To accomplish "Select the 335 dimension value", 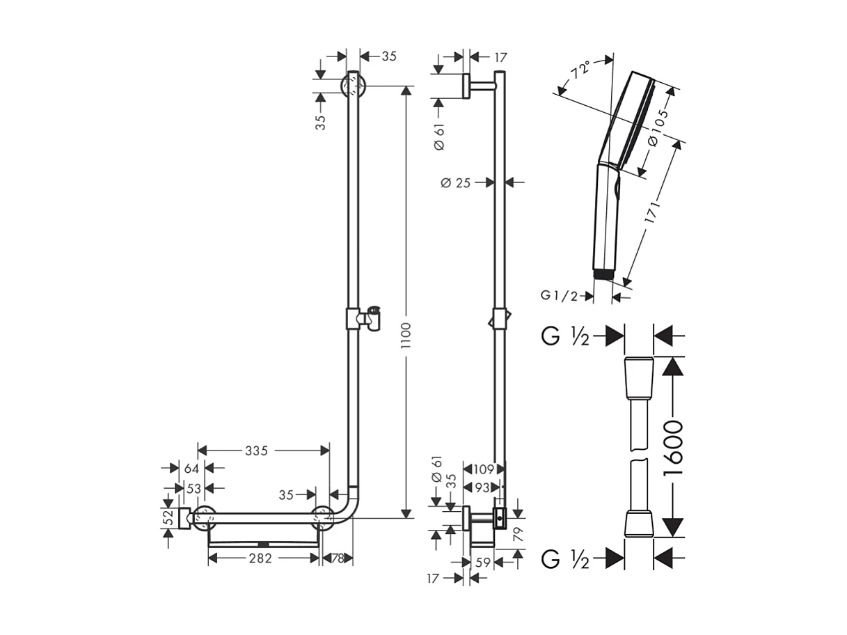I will [256, 450].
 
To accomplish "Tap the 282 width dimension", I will [260, 558].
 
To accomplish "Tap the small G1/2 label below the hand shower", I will [559, 296].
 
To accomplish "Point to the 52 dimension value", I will [168, 518].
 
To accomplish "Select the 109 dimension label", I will [482, 469].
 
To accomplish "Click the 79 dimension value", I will [518, 534].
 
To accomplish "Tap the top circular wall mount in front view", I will [353, 87].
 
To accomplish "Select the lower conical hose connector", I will [639, 524].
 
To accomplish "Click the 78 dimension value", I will [337, 558].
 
